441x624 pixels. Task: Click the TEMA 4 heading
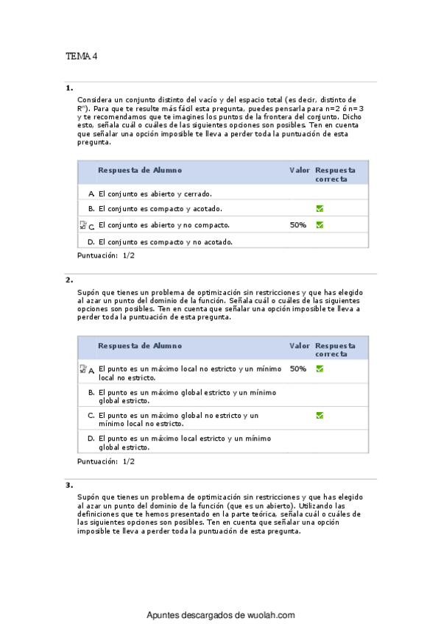coord(82,56)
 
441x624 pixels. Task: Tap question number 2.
coord(69,280)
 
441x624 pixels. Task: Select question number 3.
coord(69,486)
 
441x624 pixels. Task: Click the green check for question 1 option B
coord(320,209)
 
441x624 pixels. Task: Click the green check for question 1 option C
coord(320,225)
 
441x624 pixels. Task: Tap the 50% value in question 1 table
coord(298,225)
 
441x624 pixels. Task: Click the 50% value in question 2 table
coord(298,369)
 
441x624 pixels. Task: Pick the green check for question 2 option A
coord(320,369)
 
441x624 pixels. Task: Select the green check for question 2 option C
coord(320,415)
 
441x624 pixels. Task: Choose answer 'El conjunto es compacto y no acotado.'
coord(165,241)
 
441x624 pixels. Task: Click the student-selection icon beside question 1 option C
coord(82,225)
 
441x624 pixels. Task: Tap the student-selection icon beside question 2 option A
coord(82,369)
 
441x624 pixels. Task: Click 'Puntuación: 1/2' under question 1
coord(106,255)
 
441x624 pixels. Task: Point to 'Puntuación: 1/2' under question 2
coord(106,461)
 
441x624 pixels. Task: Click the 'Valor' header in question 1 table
coord(299,170)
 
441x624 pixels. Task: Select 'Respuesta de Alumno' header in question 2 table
coord(140,345)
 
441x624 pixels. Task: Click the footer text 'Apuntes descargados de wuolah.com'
coord(221,614)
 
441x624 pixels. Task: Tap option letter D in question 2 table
coord(91,439)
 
